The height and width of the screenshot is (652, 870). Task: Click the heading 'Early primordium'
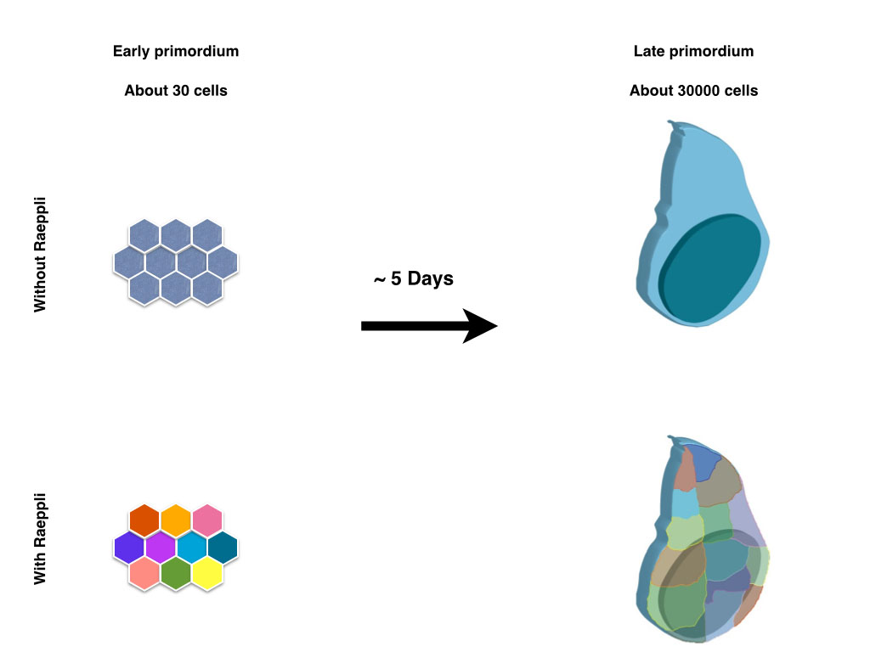point(176,51)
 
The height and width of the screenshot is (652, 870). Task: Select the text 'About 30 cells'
point(176,90)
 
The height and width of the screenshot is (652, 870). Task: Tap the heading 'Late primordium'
point(693,51)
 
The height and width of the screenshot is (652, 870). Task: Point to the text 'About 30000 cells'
point(693,90)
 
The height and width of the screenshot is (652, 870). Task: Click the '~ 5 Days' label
point(414,278)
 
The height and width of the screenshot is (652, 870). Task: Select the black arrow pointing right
point(428,326)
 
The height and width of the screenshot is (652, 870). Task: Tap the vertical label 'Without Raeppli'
point(40,255)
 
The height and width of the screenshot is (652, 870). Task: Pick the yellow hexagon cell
point(207,573)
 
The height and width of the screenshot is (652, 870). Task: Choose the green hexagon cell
point(176,573)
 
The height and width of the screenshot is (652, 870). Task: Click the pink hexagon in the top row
point(207,519)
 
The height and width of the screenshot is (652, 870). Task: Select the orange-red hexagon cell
point(144,519)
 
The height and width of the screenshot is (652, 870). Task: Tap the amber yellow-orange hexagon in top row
point(176,519)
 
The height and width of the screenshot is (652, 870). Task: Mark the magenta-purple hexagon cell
point(161,546)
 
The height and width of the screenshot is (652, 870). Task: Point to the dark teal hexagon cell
point(223,546)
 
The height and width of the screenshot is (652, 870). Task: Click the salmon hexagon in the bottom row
point(144,573)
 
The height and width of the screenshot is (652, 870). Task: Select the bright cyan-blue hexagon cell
point(192,546)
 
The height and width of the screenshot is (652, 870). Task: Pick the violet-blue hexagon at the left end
point(129,546)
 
